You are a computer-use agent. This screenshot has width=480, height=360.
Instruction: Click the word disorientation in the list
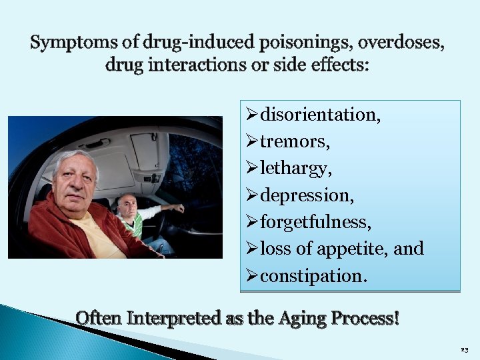coord(320,115)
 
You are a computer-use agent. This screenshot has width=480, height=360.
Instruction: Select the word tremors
coord(295,142)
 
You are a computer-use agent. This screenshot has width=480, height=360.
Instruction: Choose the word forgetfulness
coord(316,222)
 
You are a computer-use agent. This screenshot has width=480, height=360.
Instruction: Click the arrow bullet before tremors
coord(252,142)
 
